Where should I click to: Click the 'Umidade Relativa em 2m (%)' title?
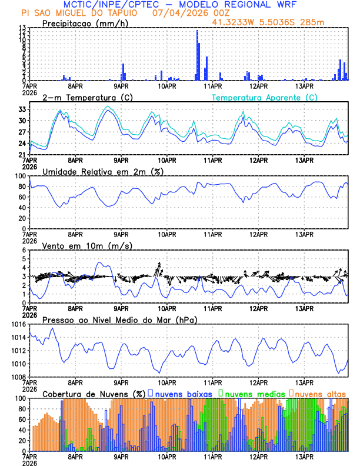pos(103,171)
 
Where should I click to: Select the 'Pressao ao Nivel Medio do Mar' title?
pos(119,319)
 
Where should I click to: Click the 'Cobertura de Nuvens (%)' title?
pos(94,393)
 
